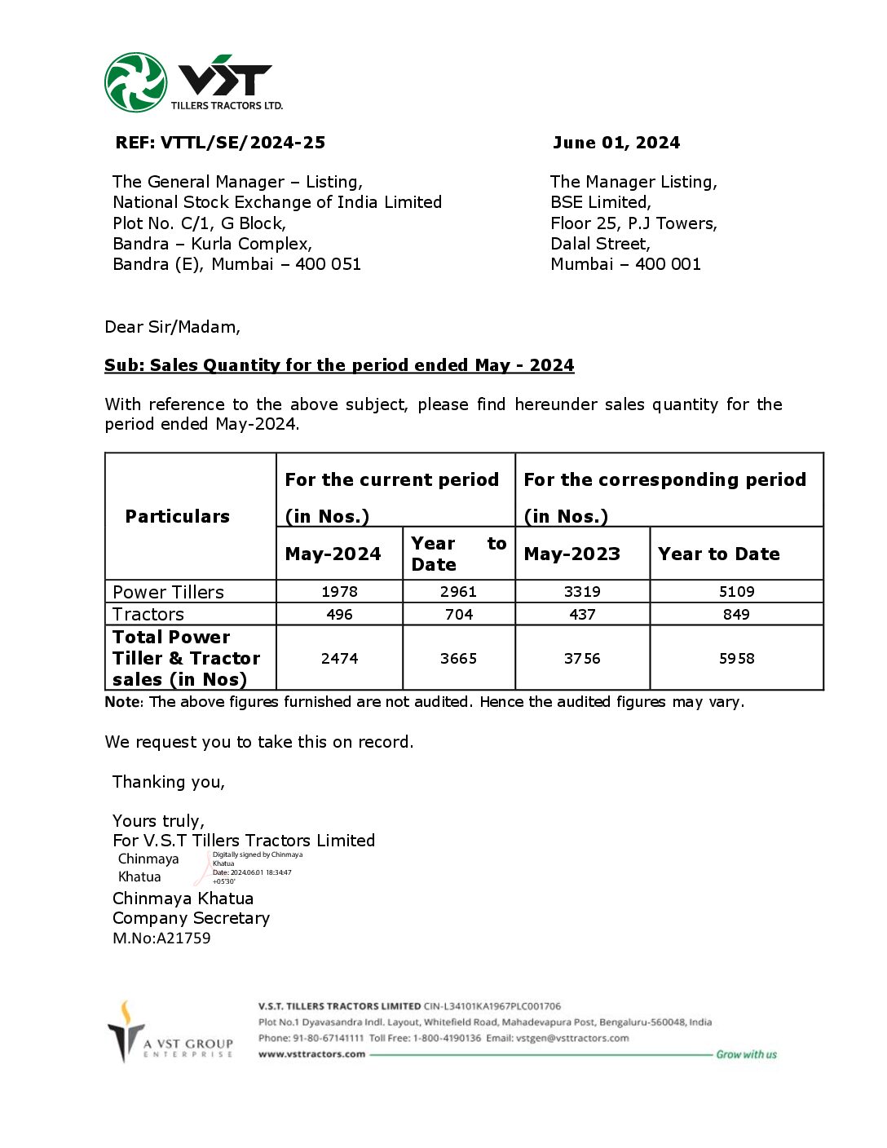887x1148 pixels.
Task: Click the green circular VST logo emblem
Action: [135, 82]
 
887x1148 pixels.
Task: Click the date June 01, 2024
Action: [616, 143]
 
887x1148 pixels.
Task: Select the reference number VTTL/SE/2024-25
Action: [242, 143]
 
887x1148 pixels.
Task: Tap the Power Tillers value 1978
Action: [339, 592]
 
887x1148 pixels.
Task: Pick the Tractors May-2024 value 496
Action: [339, 615]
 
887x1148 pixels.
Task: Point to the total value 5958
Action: [736, 659]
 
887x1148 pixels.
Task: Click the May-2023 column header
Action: [571, 554]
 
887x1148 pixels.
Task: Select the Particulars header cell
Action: [177, 516]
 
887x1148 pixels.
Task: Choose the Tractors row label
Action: [148, 615]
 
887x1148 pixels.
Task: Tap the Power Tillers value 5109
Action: [736, 592]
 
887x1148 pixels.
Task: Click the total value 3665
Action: [458, 659]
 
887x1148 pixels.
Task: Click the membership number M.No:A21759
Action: [161, 938]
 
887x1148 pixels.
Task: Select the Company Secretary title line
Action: [191, 918]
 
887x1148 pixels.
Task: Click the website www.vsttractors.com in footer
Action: [311, 1054]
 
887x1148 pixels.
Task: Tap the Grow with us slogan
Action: [746, 1054]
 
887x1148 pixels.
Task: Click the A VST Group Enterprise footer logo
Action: [171, 1033]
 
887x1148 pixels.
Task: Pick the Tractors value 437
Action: [582, 615]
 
